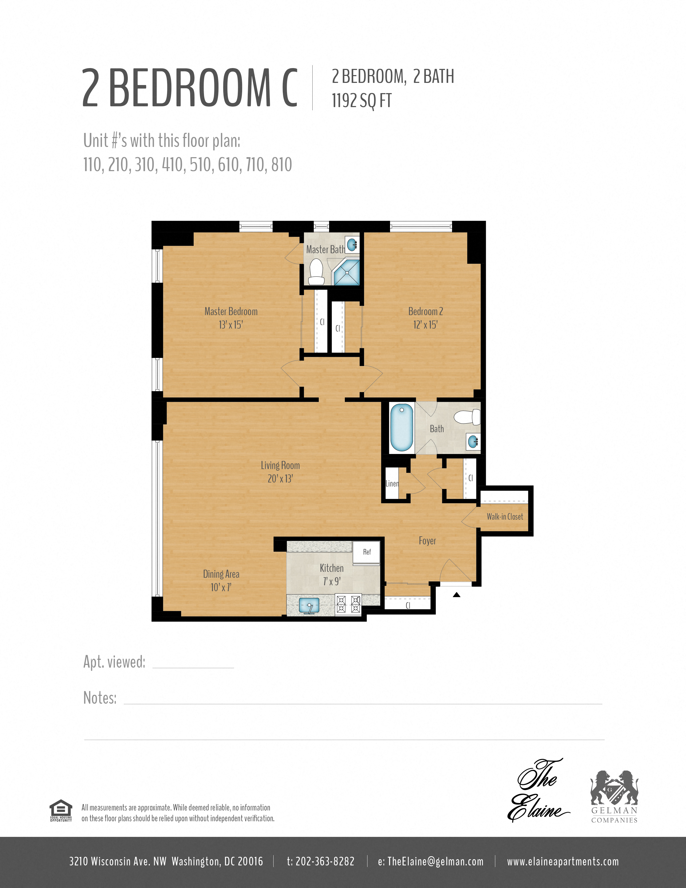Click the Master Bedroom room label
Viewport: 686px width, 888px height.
tap(231, 311)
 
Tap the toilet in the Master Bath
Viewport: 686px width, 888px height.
tap(316, 272)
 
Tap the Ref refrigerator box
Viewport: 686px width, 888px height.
tap(367, 552)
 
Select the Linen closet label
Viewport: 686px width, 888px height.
tap(392, 484)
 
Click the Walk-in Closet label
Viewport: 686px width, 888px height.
tap(505, 516)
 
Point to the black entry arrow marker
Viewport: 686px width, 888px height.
tap(456, 595)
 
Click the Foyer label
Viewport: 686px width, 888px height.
tap(427, 541)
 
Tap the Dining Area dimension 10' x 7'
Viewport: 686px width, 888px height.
tap(221, 587)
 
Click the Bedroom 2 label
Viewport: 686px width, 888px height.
tap(426, 311)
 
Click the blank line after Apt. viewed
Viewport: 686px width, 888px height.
tap(193, 668)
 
